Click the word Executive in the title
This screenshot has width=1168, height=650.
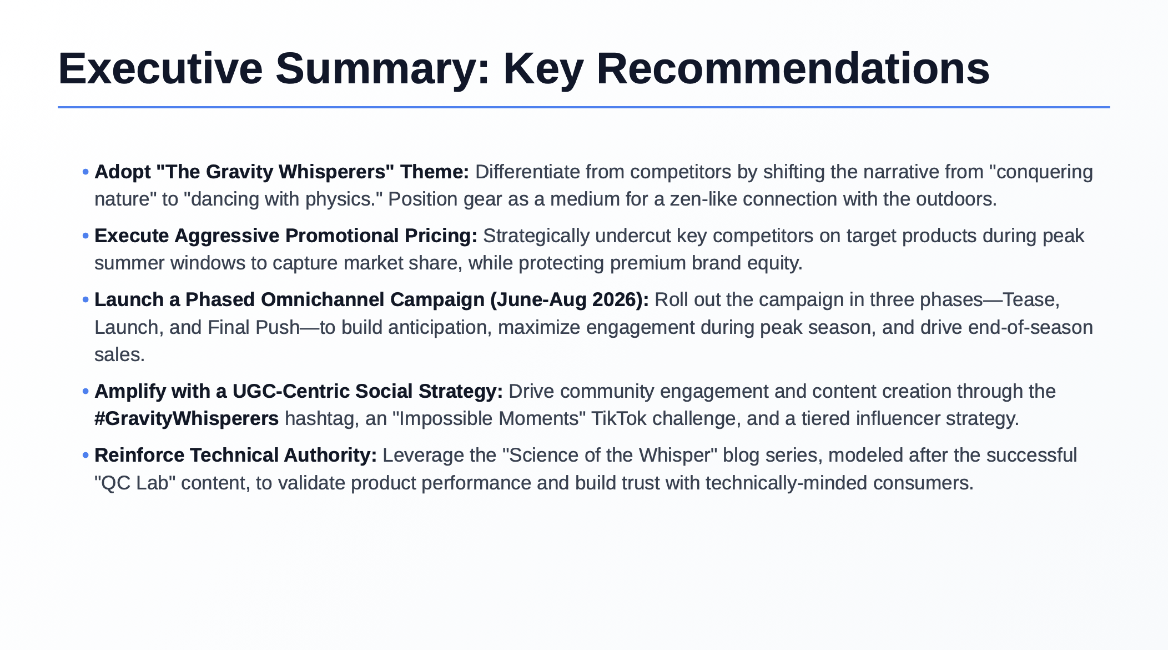(x=160, y=69)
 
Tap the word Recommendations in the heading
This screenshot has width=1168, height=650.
(x=793, y=69)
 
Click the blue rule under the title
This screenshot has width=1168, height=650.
(x=583, y=107)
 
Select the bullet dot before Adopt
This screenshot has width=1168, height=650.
(x=85, y=172)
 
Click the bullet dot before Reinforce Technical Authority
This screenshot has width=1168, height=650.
(x=85, y=456)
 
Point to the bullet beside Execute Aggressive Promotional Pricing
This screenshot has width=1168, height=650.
(x=85, y=236)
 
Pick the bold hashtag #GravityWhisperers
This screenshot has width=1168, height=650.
(x=187, y=418)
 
